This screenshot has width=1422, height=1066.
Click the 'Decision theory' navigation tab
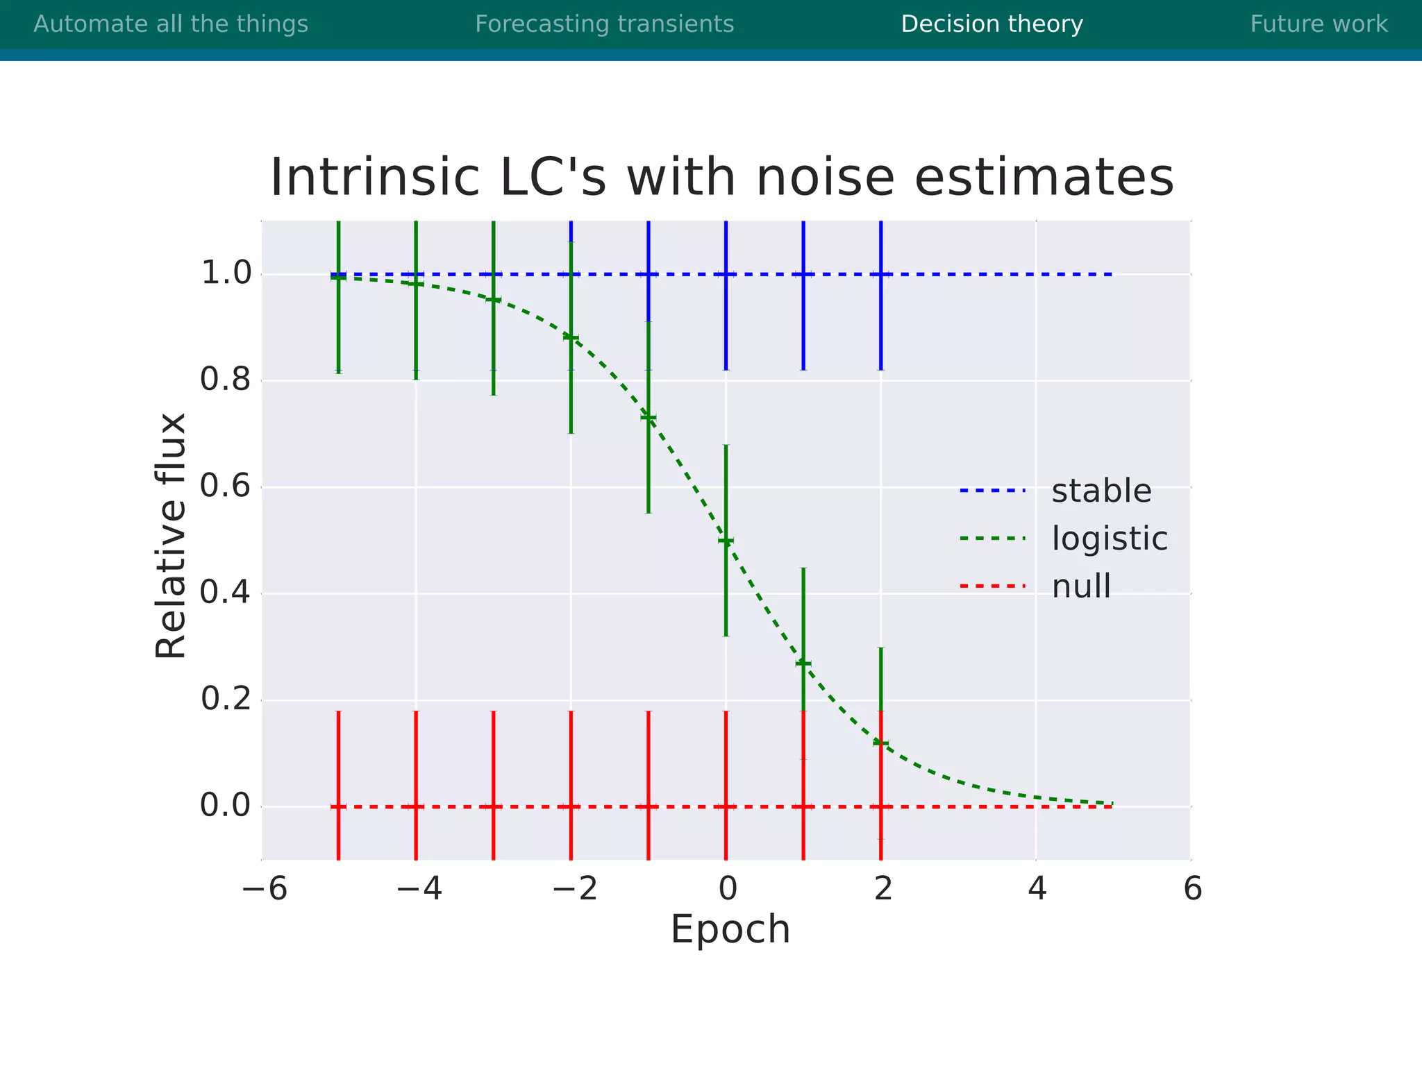(x=992, y=24)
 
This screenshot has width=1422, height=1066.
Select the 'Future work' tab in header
(x=1319, y=24)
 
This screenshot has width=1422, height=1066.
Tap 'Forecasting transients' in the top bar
(x=604, y=24)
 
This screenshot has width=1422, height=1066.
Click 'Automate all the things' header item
(x=171, y=24)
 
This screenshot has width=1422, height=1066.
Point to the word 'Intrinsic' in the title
(x=375, y=178)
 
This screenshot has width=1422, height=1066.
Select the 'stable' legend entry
(x=1101, y=491)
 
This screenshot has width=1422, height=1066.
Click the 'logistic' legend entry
(x=1109, y=539)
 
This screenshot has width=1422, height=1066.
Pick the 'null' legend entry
(x=1080, y=586)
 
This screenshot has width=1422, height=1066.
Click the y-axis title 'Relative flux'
(x=171, y=535)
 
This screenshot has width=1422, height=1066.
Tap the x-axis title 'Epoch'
(x=730, y=929)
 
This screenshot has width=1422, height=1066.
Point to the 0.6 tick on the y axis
(x=226, y=487)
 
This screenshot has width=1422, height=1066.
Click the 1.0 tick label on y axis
(x=226, y=273)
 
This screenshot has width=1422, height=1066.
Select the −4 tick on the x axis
(x=419, y=889)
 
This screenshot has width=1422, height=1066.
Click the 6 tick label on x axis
(x=1192, y=889)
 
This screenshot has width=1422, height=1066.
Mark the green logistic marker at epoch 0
(x=726, y=541)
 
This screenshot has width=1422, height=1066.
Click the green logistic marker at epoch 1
(x=803, y=663)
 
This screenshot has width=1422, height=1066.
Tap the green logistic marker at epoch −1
(x=649, y=417)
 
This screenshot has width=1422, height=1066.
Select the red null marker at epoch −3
(x=493, y=806)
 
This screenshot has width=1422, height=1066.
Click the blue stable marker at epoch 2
(x=880, y=274)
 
